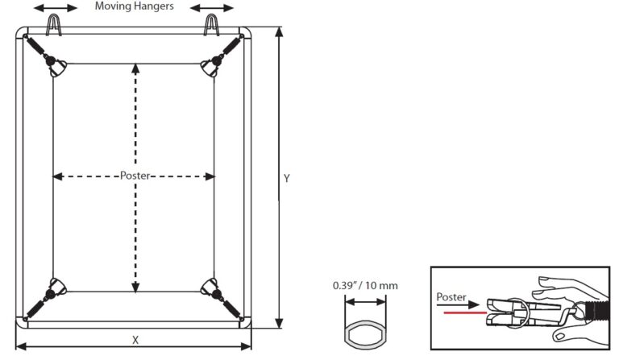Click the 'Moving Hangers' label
coord(134,6)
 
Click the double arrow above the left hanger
coord(56,8)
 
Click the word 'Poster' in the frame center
coord(135,176)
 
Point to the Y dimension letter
coord(286,178)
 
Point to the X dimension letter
coord(135,340)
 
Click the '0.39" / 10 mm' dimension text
coord(365,286)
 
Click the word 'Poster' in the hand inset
coord(451,297)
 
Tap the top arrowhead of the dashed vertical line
coord(135,69)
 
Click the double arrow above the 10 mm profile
coord(365,303)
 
